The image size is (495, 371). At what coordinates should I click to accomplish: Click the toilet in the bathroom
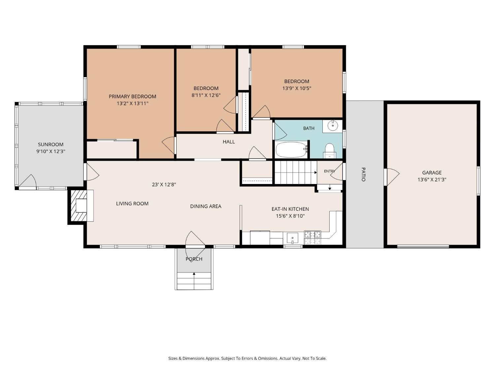[x=329, y=150]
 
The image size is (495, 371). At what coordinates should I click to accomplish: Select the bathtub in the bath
[x=291, y=150]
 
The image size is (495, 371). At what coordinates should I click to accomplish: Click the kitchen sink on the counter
[x=292, y=238]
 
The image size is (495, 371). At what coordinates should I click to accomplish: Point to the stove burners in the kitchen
[x=312, y=238]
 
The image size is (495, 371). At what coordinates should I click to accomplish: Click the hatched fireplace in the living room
[x=79, y=205]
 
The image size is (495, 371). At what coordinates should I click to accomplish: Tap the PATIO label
[x=363, y=174]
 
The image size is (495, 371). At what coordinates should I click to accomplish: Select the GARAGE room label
[x=432, y=172]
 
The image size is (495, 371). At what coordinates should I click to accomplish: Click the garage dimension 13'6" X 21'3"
[x=432, y=179]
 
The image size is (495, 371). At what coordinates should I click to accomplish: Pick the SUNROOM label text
[x=50, y=144]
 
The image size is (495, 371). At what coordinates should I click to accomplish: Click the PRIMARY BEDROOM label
[x=132, y=96]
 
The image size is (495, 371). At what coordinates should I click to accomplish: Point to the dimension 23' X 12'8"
[x=164, y=184]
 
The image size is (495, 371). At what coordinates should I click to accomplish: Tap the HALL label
[x=229, y=142]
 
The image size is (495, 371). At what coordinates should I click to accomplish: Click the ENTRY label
[x=329, y=171]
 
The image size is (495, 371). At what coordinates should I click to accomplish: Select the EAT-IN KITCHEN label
[x=290, y=209]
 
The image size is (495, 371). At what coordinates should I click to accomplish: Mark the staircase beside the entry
[x=296, y=172]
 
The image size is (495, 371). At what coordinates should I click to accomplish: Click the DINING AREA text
[x=206, y=206]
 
